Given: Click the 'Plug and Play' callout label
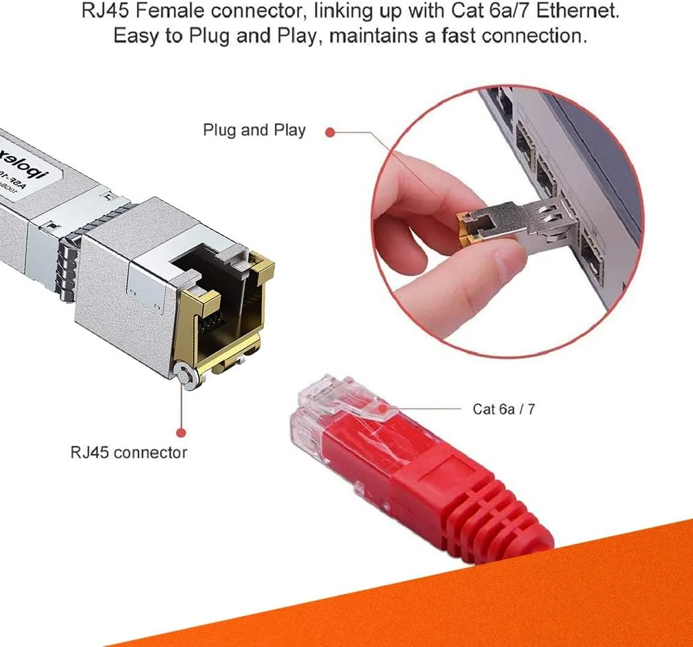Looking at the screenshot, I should click(254, 130).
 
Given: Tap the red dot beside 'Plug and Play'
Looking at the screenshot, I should click(330, 131).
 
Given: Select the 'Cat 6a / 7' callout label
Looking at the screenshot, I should click(503, 409).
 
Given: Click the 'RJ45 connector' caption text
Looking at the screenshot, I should click(129, 452).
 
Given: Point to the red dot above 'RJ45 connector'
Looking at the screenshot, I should click(181, 432).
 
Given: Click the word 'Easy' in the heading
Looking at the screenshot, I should click(137, 35).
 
